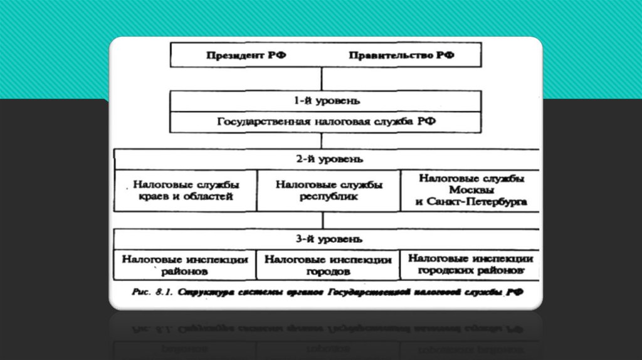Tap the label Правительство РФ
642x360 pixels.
click(x=401, y=55)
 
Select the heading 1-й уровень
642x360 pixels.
click(x=326, y=100)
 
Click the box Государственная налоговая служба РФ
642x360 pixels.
click(x=326, y=122)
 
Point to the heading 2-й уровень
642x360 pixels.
click(x=326, y=159)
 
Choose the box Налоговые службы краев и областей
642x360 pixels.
click(x=186, y=191)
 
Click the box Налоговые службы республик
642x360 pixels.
click(x=329, y=191)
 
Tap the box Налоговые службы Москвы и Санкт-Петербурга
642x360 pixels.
click(x=470, y=190)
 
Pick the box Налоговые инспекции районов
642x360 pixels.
click(x=185, y=265)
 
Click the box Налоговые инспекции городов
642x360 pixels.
click(x=328, y=265)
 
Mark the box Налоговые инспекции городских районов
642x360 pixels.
click(x=470, y=265)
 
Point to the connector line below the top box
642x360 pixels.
click(x=322, y=78)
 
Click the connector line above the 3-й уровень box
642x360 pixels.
click(x=322, y=220)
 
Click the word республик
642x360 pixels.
click(x=328, y=196)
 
